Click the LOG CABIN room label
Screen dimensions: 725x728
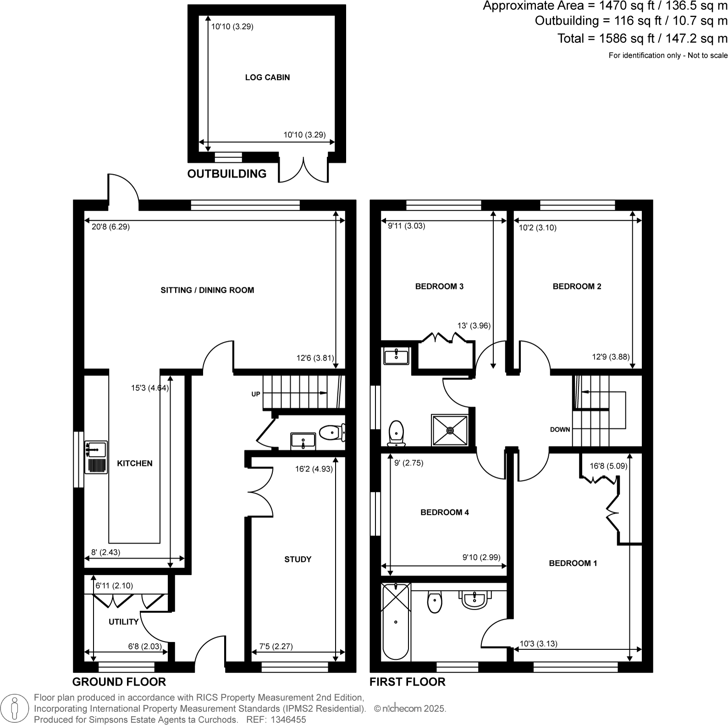click(267, 77)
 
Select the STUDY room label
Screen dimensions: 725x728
click(298, 559)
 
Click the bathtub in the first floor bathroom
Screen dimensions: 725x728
click(396, 621)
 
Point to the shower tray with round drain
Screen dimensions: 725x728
click(450, 430)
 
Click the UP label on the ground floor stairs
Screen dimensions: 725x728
click(255, 394)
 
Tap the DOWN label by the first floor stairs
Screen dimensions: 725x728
click(560, 429)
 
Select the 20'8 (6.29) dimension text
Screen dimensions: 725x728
click(110, 226)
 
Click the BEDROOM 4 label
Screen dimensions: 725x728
click(444, 512)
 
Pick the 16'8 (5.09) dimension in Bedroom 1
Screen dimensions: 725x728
click(608, 466)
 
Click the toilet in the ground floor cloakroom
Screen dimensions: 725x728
click(331, 432)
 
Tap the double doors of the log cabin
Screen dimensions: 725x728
click(303, 170)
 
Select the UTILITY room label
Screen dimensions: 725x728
click(123, 622)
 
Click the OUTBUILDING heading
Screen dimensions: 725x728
click(226, 174)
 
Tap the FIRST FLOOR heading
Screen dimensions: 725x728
click(407, 682)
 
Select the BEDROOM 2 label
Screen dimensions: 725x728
click(577, 286)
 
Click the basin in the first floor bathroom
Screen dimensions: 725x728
click(475, 599)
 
